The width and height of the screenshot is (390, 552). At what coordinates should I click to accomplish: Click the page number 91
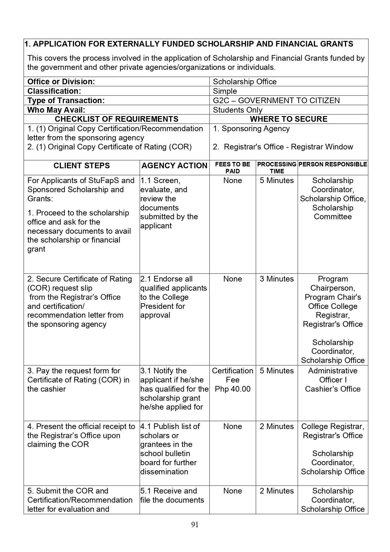click(x=195, y=524)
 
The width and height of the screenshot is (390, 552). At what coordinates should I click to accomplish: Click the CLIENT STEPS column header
click(x=81, y=166)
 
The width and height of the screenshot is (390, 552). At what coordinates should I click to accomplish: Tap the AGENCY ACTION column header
click(x=175, y=166)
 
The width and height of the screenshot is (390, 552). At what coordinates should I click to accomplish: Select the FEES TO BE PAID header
click(x=232, y=168)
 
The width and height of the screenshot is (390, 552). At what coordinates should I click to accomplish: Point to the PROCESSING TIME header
click(x=277, y=168)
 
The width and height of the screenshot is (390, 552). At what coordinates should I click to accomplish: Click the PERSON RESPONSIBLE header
click(x=332, y=164)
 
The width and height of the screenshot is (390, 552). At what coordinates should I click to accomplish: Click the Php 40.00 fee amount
click(x=232, y=389)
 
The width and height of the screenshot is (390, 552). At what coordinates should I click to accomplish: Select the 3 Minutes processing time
click(x=277, y=279)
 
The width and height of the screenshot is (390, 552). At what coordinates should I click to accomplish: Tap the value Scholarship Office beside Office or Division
click(x=245, y=82)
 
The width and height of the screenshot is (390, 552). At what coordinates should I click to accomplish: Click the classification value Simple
click(x=225, y=91)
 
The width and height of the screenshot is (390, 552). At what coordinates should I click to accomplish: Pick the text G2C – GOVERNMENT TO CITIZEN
click(x=276, y=101)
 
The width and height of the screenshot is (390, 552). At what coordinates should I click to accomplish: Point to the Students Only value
click(x=237, y=110)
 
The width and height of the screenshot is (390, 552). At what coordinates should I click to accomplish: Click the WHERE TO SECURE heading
click(x=288, y=119)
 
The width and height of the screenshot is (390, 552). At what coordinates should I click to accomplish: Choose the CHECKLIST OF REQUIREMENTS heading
click(x=116, y=119)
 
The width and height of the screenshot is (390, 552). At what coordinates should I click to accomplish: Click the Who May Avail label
click(x=56, y=110)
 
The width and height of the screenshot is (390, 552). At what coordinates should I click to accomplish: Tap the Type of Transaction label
click(x=66, y=101)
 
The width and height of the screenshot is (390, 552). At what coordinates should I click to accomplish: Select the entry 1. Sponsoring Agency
click(x=251, y=129)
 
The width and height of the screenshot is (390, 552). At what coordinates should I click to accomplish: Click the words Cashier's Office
click(x=332, y=389)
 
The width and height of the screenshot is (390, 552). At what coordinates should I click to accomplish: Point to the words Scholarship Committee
click(x=332, y=212)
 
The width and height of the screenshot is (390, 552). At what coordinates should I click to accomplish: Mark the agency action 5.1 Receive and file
click(x=172, y=495)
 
